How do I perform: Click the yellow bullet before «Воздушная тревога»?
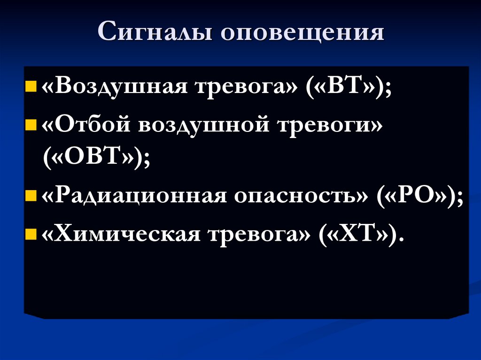31,87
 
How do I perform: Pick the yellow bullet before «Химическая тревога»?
31,233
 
